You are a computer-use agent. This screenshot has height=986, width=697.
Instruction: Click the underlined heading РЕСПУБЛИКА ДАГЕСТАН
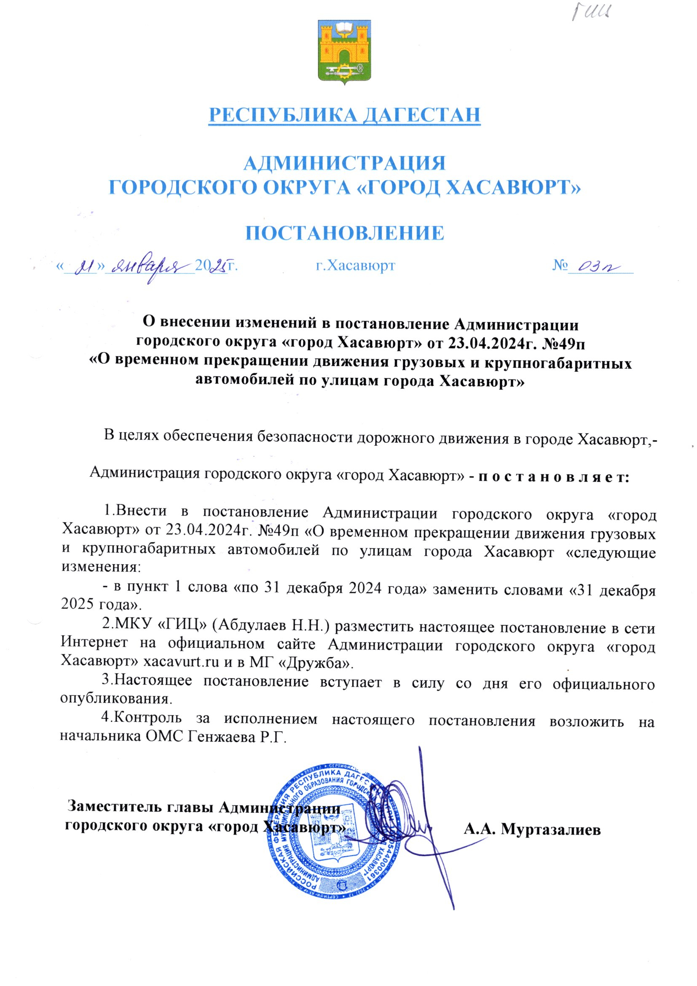[x=344, y=115]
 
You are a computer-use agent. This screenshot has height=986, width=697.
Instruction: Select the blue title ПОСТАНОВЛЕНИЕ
[x=344, y=233]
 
